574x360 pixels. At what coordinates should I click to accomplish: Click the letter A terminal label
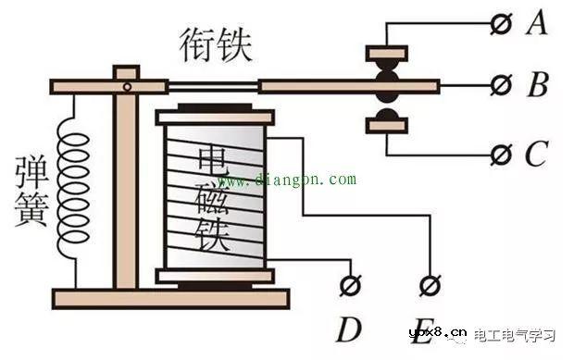click(x=536, y=23)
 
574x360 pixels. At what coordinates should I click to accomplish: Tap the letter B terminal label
click(x=538, y=86)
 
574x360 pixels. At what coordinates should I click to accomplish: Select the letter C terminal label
click(x=536, y=154)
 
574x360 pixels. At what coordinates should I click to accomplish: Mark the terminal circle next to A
click(x=501, y=24)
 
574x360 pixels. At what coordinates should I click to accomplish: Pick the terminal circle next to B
click(x=501, y=86)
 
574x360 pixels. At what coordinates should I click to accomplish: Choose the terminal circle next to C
click(x=501, y=153)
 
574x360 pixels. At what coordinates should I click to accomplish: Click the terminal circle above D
click(x=350, y=284)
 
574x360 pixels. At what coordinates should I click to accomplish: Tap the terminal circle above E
click(x=429, y=284)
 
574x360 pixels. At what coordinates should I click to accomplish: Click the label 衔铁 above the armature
click(x=216, y=43)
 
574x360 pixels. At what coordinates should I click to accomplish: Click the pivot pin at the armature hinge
click(x=129, y=86)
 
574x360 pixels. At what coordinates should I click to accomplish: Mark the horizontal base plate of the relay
click(x=170, y=298)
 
